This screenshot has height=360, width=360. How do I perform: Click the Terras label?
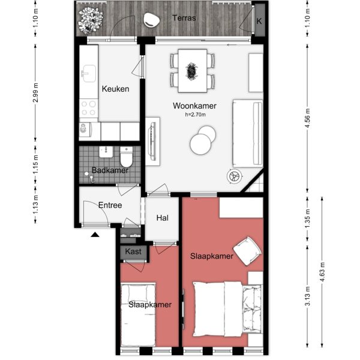[x=184, y=18]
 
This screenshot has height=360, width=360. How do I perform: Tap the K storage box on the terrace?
[x=259, y=21]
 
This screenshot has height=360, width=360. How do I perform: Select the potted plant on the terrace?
[x=92, y=19]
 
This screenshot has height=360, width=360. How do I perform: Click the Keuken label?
[x=115, y=89]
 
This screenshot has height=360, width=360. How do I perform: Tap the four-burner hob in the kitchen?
[x=89, y=108]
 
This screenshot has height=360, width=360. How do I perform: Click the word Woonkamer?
[x=194, y=106]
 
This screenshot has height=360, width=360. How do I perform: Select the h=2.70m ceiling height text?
[x=195, y=115]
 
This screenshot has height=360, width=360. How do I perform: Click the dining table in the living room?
[x=193, y=70]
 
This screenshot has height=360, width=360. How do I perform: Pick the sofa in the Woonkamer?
[x=248, y=134]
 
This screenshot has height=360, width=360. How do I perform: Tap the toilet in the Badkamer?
[x=126, y=158]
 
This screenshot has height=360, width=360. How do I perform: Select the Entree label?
[x=110, y=205]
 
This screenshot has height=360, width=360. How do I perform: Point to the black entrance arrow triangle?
[x=94, y=235]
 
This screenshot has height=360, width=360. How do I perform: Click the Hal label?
[x=161, y=219]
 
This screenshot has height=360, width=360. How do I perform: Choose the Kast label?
[x=133, y=251]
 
